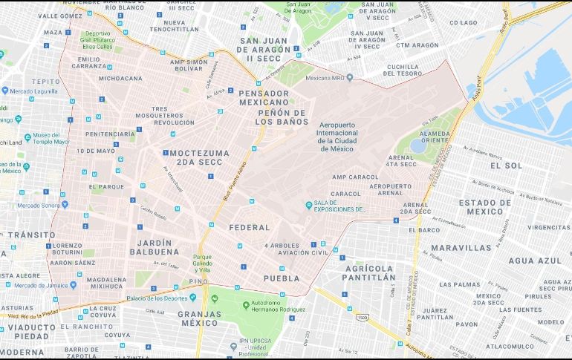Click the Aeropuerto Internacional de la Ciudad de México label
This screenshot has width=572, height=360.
pos(341,136)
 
